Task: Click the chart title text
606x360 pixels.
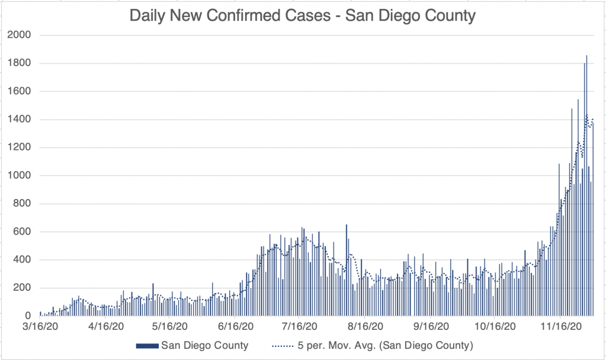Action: [302, 15]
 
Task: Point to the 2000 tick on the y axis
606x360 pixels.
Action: [20, 36]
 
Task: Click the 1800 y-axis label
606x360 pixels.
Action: [20, 63]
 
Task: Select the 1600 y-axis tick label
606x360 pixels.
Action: [20, 92]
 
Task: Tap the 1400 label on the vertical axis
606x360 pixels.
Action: [20, 120]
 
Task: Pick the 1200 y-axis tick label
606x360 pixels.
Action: [20, 148]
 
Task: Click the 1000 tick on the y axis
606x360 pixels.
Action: [20, 176]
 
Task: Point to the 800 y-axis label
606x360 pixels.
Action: [23, 204]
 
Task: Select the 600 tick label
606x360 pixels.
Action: [23, 232]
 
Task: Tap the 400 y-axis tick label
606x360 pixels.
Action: [23, 260]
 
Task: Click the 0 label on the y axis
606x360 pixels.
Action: [28, 316]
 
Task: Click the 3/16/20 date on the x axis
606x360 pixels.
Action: [40, 326]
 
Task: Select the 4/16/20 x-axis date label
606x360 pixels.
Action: [105, 326]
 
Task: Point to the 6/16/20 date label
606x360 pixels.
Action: [236, 326]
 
